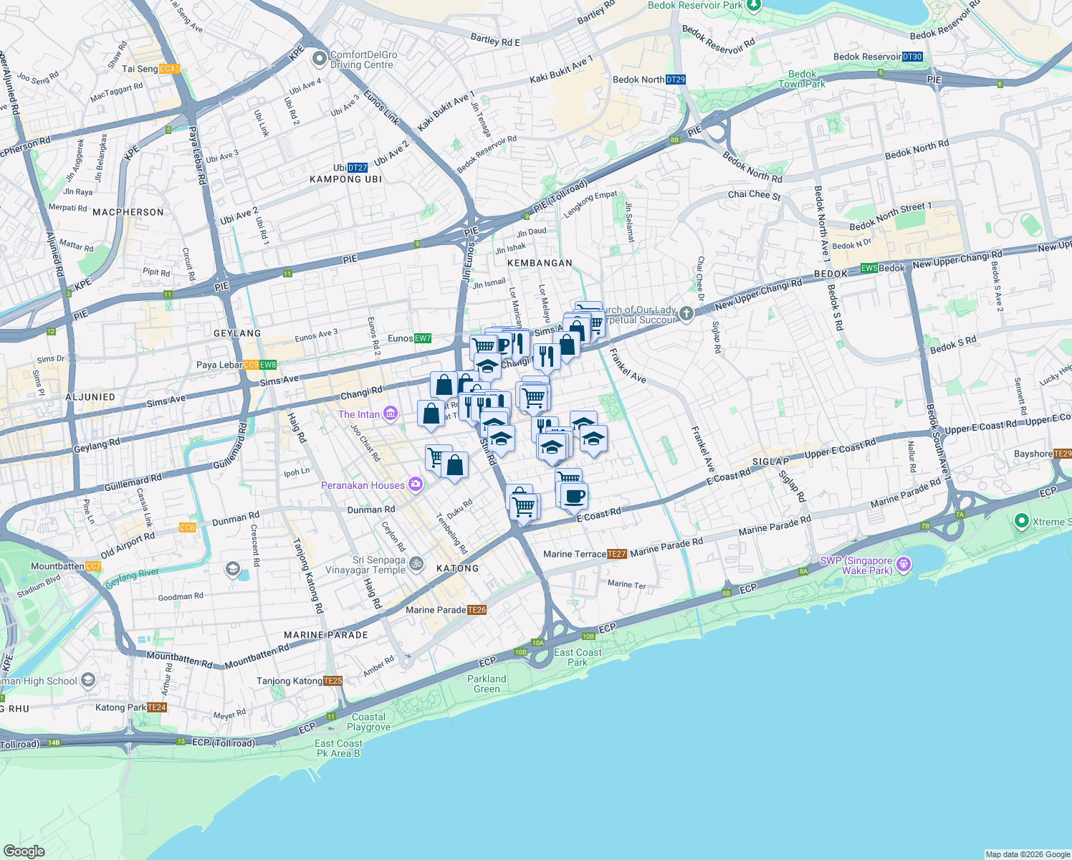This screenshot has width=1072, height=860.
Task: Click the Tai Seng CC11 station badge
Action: [170, 69]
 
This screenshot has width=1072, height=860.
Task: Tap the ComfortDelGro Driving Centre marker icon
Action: [320, 59]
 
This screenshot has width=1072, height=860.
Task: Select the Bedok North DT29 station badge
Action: [676, 80]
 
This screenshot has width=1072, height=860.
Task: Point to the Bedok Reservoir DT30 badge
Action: [912, 57]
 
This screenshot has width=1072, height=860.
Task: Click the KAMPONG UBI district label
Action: [345, 179]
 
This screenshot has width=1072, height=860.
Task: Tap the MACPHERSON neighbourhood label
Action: [128, 212]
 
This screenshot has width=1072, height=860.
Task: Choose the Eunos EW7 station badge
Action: [423, 338]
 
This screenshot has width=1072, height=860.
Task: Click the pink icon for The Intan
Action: [390, 414]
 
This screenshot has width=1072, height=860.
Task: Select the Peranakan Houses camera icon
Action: [416, 485]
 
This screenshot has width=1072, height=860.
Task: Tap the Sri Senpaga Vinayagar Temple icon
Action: [417, 565]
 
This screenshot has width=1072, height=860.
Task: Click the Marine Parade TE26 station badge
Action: [477, 610]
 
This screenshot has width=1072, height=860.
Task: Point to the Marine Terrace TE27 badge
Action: [617, 554]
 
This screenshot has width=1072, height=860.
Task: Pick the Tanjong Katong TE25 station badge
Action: [332, 681]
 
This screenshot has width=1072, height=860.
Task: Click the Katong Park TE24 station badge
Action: [157, 707]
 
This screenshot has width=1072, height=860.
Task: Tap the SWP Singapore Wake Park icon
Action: [904, 565]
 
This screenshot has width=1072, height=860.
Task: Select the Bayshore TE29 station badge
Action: [1063, 454]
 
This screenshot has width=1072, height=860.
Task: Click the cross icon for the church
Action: [686, 314]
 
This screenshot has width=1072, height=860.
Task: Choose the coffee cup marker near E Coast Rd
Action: [574, 496]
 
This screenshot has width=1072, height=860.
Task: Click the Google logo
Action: [24, 851]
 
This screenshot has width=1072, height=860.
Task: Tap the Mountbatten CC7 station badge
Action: [93, 566]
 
